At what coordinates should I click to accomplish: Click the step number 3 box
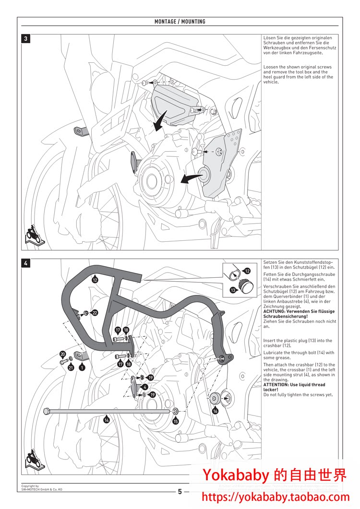pyautogui.click(x=26, y=39)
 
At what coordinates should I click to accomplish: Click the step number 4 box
pyautogui.click(x=26, y=263)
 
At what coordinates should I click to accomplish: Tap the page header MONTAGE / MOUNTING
pyautogui.click(x=180, y=22)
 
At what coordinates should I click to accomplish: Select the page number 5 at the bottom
pyautogui.click(x=180, y=491)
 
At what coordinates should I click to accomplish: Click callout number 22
pyautogui.click(x=95, y=313)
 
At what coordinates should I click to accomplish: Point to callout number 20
pyautogui.click(x=62, y=354)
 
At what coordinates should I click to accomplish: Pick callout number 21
pyautogui.click(x=71, y=368)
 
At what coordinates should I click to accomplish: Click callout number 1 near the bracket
pyautogui.click(x=82, y=367)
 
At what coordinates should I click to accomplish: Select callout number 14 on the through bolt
pyautogui.click(x=107, y=419)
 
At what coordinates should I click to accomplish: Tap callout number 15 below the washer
pyautogui.click(x=176, y=421)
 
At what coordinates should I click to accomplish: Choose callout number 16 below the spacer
pyautogui.click(x=215, y=411)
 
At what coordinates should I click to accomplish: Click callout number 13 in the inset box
pyautogui.click(x=233, y=290)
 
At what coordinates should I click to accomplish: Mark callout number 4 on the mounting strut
pyautogui.click(x=145, y=386)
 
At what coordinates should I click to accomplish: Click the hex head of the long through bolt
pyautogui.click(x=46, y=411)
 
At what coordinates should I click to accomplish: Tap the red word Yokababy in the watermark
pyautogui.click(x=236, y=475)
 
